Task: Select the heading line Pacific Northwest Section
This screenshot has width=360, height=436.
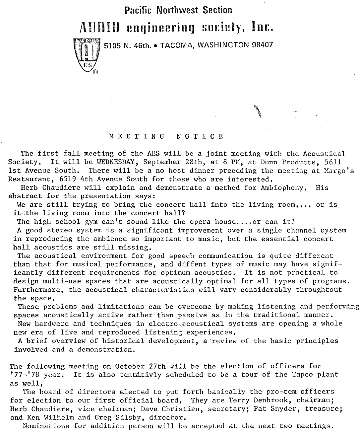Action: (x=178, y=10)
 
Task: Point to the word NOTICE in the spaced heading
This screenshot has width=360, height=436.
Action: (x=200, y=136)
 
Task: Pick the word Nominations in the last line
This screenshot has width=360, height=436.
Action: (x=46, y=426)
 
